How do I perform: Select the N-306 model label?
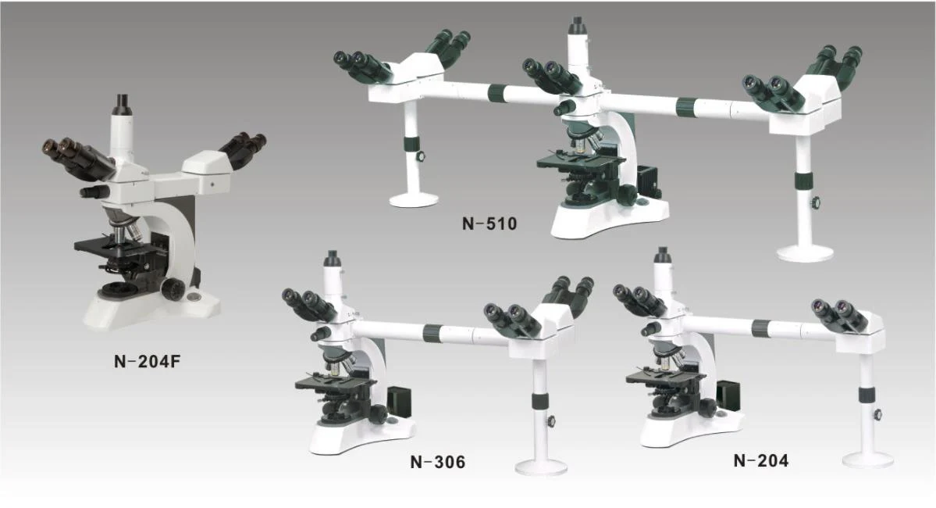click(437, 462)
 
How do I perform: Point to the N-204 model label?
click(760, 460)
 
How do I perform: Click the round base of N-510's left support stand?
click(414, 199)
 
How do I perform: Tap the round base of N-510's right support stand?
click(805, 252)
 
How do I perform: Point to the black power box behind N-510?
click(649, 180)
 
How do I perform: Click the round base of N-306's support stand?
click(541, 466)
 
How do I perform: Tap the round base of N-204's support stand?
click(868, 459)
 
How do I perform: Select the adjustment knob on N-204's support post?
click(880, 415)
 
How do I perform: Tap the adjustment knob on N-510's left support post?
click(422, 157)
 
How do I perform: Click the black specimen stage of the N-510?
click(582, 161)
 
